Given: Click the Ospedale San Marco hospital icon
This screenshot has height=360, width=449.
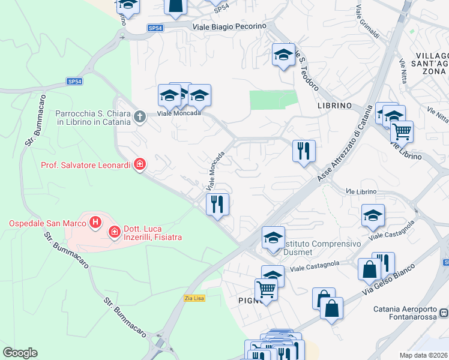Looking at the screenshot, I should point(95,224).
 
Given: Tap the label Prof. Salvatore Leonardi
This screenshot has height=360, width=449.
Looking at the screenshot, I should point(85,165).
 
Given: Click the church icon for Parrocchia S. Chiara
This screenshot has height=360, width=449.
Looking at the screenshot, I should point(139,116).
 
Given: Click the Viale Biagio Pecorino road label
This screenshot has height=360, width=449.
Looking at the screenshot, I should point(229,27).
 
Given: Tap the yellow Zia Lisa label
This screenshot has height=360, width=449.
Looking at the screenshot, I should point(194,298).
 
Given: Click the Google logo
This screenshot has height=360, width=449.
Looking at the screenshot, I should point(20,353).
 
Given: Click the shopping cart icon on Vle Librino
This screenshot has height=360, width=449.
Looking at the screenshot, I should point(401,131).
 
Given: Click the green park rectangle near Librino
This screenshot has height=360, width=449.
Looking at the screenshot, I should point(273,100).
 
